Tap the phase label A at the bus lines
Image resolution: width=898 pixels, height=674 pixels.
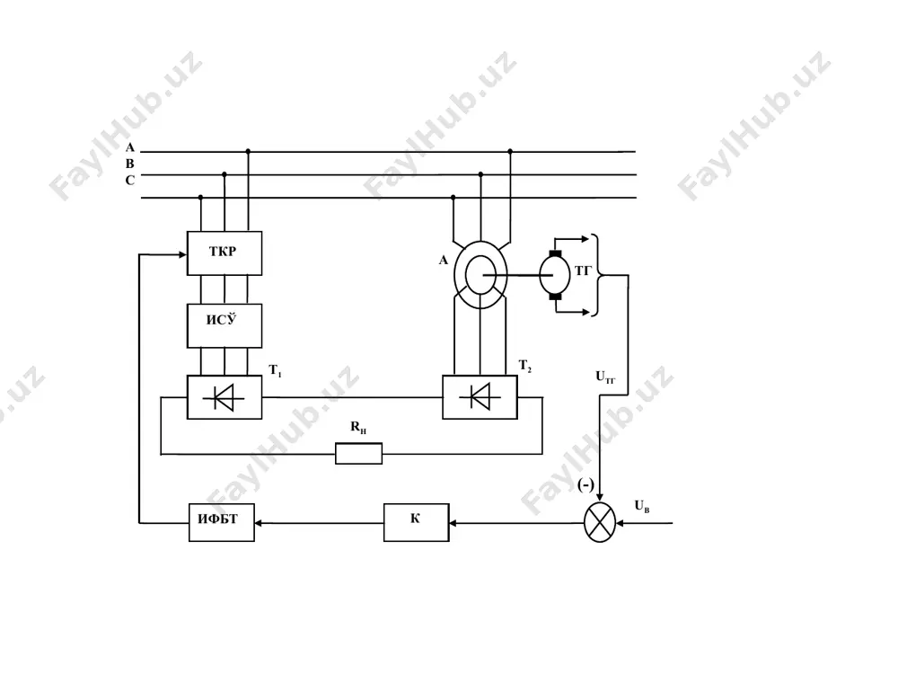pyautogui.click(x=130, y=147)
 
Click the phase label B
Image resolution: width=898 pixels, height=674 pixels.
pyautogui.click(x=130, y=164)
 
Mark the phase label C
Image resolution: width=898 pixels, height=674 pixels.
pyautogui.click(x=130, y=181)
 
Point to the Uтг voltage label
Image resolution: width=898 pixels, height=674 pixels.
pyautogui.click(x=605, y=377)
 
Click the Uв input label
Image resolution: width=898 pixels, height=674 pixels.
pyautogui.click(x=642, y=506)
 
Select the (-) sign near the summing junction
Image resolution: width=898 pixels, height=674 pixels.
pyautogui.click(x=585, y=485)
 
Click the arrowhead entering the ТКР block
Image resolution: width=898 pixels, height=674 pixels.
pyautogui.click(x=182, y=254)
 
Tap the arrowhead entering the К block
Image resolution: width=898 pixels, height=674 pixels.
pyautogui.click(x=453, y=523)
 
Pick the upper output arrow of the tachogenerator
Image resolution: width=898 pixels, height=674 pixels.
pyautogui.click(x=572, y=238)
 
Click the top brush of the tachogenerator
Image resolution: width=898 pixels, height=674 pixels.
pyautogui.click(x=555, y=253)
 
